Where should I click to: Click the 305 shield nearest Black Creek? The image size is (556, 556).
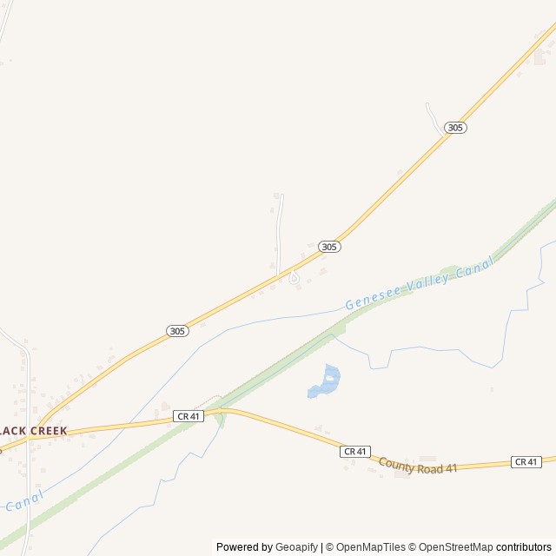pos(177,331)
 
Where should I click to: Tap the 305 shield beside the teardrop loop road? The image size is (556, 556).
pos(328,247)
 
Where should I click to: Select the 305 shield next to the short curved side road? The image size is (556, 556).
pos(455,128)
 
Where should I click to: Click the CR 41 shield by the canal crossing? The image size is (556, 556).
pos(188,417)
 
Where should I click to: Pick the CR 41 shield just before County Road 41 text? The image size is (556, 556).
pos(355,452)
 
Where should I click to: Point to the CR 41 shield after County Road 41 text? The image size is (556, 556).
pos(526,461)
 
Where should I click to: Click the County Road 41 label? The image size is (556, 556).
pos(418,467)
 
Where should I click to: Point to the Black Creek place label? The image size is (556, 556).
pos(33,431)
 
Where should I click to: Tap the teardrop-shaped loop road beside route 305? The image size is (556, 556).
pos(294,278)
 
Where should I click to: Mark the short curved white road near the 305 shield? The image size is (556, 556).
pos(434,117)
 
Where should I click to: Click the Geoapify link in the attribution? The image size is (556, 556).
pos(297,547)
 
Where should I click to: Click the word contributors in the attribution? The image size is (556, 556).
pos(524,547)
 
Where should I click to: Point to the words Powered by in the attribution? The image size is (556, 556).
pos(243,547)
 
